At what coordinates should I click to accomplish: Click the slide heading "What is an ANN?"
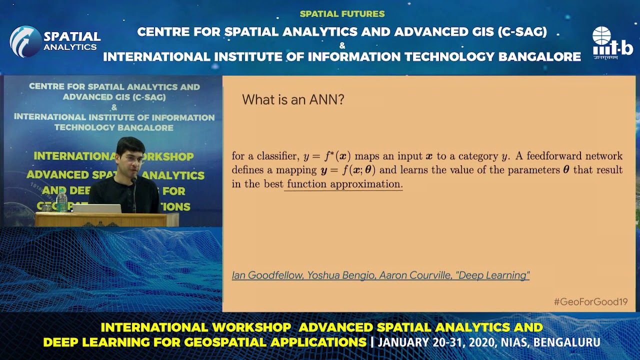click(293, 99)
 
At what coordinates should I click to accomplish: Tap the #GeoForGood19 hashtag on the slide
click(590, 301)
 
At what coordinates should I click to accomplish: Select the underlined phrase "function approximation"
click(344, 184)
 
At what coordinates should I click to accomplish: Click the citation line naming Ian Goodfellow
click(380, 275)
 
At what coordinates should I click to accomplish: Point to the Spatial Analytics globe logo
click(25, 41)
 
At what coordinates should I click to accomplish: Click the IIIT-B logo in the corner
click(612, 43)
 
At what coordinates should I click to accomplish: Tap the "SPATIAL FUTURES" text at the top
click(342, 14)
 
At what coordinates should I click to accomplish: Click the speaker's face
click(130, 161)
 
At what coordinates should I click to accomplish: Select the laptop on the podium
click(96, 208)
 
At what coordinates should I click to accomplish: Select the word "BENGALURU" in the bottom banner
click(567, 342)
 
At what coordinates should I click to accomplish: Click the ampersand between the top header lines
click(342, 45)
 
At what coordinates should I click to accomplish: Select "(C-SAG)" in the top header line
click(522, 32)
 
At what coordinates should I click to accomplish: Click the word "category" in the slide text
click(476, 156)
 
